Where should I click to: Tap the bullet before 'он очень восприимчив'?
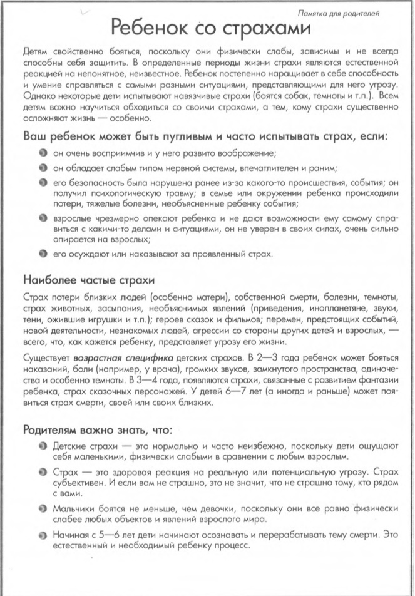point(40,153)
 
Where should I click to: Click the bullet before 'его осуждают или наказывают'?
point(40,254)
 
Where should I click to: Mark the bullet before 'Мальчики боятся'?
point(40,509)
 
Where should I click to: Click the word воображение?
point(255,153)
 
